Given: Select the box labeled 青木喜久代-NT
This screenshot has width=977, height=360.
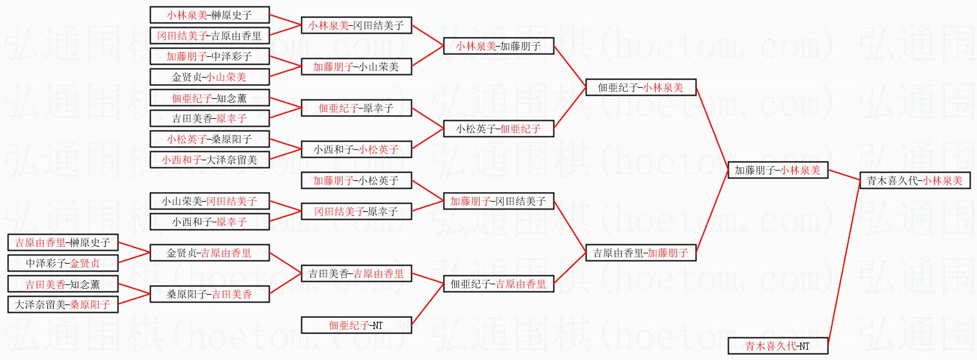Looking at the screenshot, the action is [778, 346].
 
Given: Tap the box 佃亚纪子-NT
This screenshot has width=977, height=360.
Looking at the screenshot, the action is [356, 325].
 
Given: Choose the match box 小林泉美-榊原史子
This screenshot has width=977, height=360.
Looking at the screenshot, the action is [209, 15].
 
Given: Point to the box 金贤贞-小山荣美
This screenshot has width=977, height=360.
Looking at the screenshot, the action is [209, 77].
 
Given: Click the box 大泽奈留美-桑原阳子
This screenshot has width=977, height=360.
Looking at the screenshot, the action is [63, 304].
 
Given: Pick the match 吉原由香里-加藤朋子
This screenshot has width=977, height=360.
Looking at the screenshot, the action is [640, 253].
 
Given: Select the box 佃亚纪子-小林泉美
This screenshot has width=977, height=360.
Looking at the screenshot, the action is [640, 87].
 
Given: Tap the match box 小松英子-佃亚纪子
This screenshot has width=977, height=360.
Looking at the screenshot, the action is [499, 129].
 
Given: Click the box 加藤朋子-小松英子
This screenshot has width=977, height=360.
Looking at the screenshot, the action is [356, 180].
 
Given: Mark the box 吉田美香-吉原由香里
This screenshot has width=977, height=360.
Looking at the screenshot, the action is [356, 274].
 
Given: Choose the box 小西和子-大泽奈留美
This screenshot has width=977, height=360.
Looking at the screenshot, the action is [209, 160].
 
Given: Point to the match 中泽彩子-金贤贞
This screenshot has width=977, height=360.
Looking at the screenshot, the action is [63, 263].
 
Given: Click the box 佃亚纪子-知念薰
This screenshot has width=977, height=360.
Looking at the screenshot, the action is [209, 98].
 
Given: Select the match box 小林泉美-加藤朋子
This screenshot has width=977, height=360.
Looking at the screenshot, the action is [499, 46].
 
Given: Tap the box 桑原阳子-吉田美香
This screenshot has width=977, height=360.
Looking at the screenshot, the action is [209, 294].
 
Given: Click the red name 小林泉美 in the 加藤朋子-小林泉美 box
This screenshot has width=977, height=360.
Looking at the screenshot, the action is [800, 171].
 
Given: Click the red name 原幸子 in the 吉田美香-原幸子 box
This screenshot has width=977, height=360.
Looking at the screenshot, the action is [231, 118].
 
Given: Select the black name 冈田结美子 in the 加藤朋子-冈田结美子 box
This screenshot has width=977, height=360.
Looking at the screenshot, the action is [521, 202].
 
